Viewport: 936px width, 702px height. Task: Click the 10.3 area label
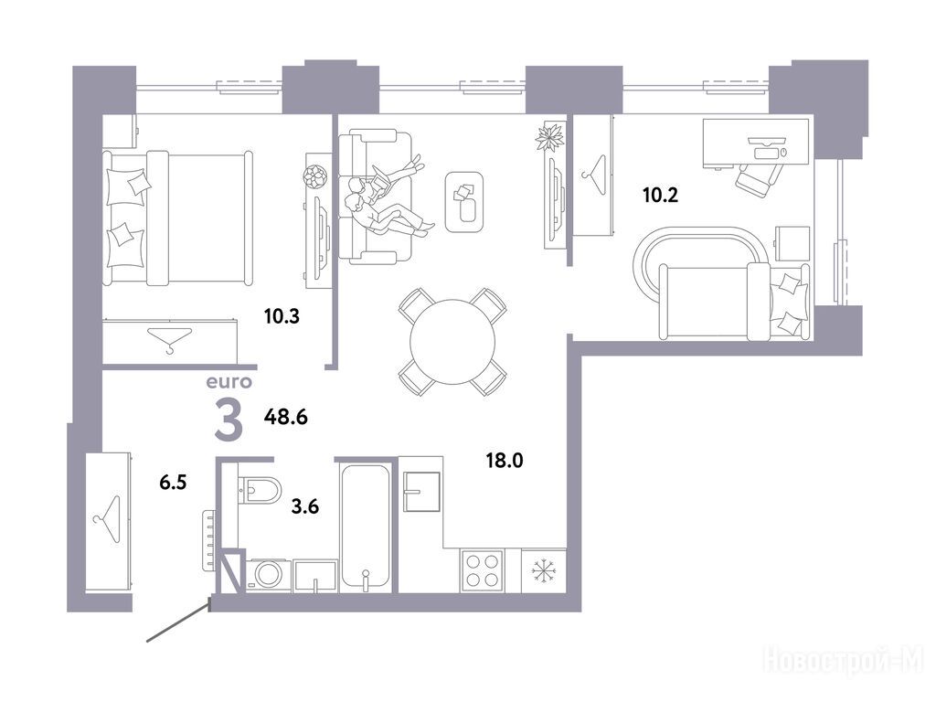[x=282, y=316]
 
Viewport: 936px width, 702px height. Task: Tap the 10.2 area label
[x=660, y=196]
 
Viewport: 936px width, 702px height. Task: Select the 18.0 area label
[x=505, y=461]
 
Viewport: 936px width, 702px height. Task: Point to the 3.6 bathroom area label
[x=305, y=506]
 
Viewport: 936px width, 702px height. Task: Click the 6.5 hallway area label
[x=173, y=483]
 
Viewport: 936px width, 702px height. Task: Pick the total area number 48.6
[x=286, y=417]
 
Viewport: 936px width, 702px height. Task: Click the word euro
[x=229, y=382]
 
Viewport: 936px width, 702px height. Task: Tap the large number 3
[x=229, y=420]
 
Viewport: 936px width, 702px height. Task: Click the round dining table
[x=452, y=342]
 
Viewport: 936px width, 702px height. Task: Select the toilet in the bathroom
[x=260, y=490]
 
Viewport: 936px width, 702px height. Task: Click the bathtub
[x=366, y=527]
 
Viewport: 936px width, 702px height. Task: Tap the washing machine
[x=268, y=576]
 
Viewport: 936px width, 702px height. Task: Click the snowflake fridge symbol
[x=544, y=570]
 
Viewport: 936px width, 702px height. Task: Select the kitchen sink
[x=421, y=492]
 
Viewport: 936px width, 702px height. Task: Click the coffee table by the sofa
[x=464, y=202]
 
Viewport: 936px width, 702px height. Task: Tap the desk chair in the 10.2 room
[x=759, y=176]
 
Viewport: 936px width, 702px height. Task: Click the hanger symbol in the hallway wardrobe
[x=109, y=519]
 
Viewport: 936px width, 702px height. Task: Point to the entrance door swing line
[x=178, y=623]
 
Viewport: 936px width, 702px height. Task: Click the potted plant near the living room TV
[x=549, y=137]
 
